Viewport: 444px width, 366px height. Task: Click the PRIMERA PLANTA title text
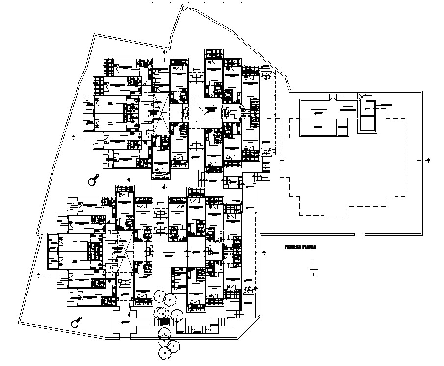(x=300, y=248)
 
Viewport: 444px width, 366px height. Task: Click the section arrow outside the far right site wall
(x=428, y=160)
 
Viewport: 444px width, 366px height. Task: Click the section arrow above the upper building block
(x=166, y=51)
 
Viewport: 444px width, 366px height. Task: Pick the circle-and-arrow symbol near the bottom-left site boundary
(x=76, y=321)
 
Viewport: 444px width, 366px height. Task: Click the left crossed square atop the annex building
(x=332, y=97)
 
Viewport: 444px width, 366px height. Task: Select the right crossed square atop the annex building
(x=363, y=97)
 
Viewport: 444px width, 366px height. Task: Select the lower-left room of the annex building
(x=318, y=127)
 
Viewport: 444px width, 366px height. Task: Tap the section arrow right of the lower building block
(x=264, y=253)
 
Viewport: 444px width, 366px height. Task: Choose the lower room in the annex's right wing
(x=367, y=122)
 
